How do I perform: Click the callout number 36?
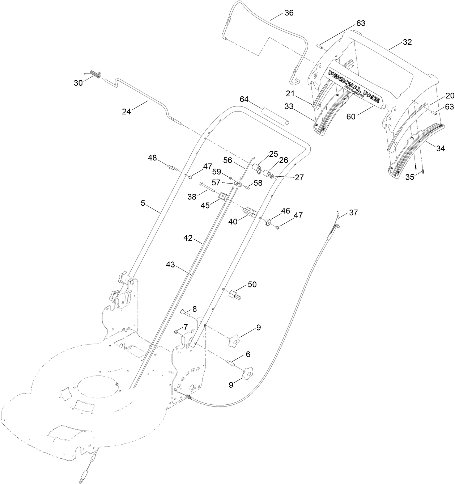[289, 13]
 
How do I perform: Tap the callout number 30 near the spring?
[78, 83]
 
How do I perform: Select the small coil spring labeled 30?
[95, 74]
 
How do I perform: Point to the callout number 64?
[245, 100]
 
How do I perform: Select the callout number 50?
[252, 285]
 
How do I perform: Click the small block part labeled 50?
[235, 293]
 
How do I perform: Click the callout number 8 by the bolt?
[195, 309]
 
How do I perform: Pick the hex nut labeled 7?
[177, 332]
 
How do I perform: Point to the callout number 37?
[353, 213]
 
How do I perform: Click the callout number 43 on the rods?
[170, 265]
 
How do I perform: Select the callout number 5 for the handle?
[143, 203]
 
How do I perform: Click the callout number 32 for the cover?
[407, 42]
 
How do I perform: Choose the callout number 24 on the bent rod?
[126, 112]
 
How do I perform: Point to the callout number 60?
[351, 117]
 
